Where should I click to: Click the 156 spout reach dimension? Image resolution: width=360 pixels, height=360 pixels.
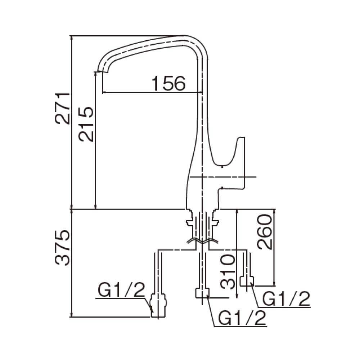(168, 84)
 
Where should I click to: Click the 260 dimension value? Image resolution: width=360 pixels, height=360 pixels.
(265, 232)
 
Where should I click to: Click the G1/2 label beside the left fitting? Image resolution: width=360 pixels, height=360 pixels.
(121, 290)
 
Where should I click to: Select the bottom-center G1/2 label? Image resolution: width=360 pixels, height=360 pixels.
(242, 318)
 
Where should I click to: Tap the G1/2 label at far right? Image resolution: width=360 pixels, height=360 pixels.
(286, 298)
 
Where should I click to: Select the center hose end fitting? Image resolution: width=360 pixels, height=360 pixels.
(202, 293)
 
